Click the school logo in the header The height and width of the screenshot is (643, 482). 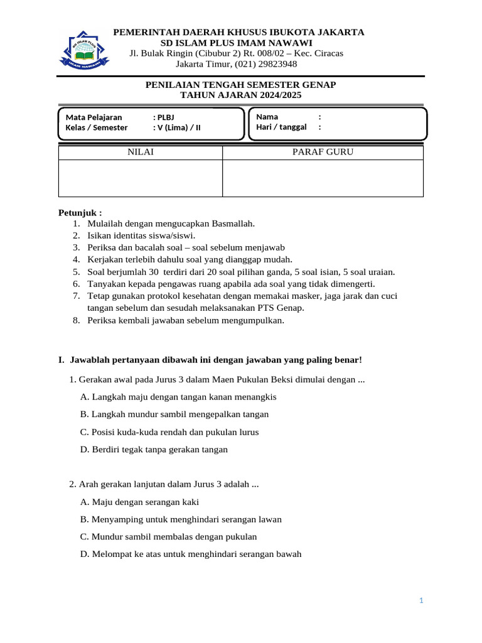point(84,48)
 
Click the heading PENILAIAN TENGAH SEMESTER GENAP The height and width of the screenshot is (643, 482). point(241,85)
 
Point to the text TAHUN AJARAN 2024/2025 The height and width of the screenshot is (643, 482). point(241,95)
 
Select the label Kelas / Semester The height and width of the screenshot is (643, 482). point(97,127)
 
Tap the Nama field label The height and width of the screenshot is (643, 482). point(267,117)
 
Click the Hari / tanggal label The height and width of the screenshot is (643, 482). point(281,127)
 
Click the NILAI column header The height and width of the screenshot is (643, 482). point(141,153)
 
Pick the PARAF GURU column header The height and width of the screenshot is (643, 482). point(323,153)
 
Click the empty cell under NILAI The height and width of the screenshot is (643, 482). point(141,178)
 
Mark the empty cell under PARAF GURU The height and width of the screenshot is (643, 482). point(323,178)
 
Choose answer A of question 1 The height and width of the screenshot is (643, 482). point(179,397)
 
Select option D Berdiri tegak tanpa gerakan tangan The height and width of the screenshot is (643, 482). point(154,450)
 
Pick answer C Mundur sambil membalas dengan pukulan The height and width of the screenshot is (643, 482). point(169,537)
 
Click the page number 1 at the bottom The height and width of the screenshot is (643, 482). point(422,601)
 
